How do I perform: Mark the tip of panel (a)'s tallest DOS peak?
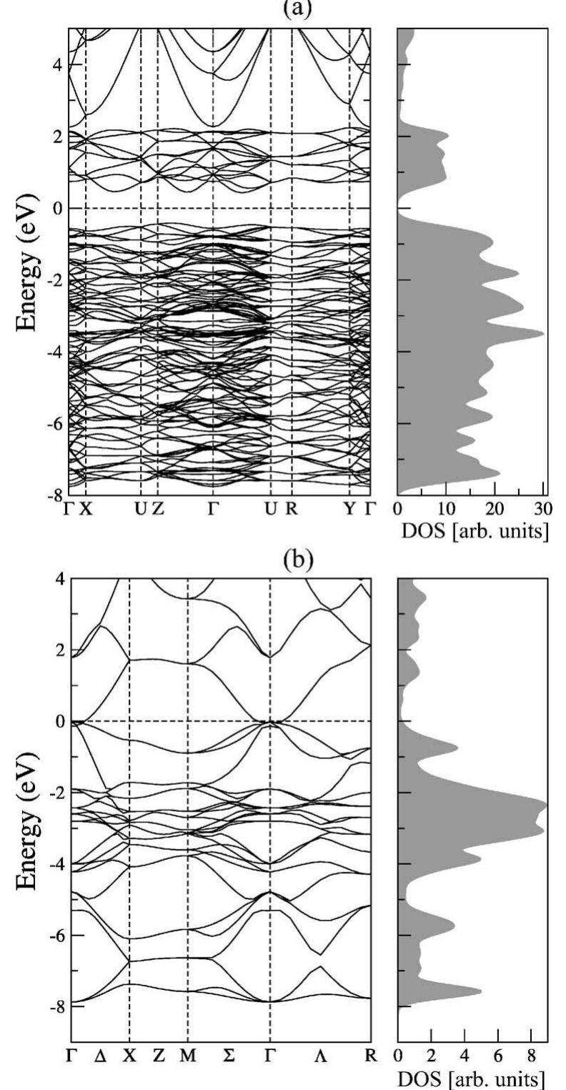[x=544, y=333]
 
